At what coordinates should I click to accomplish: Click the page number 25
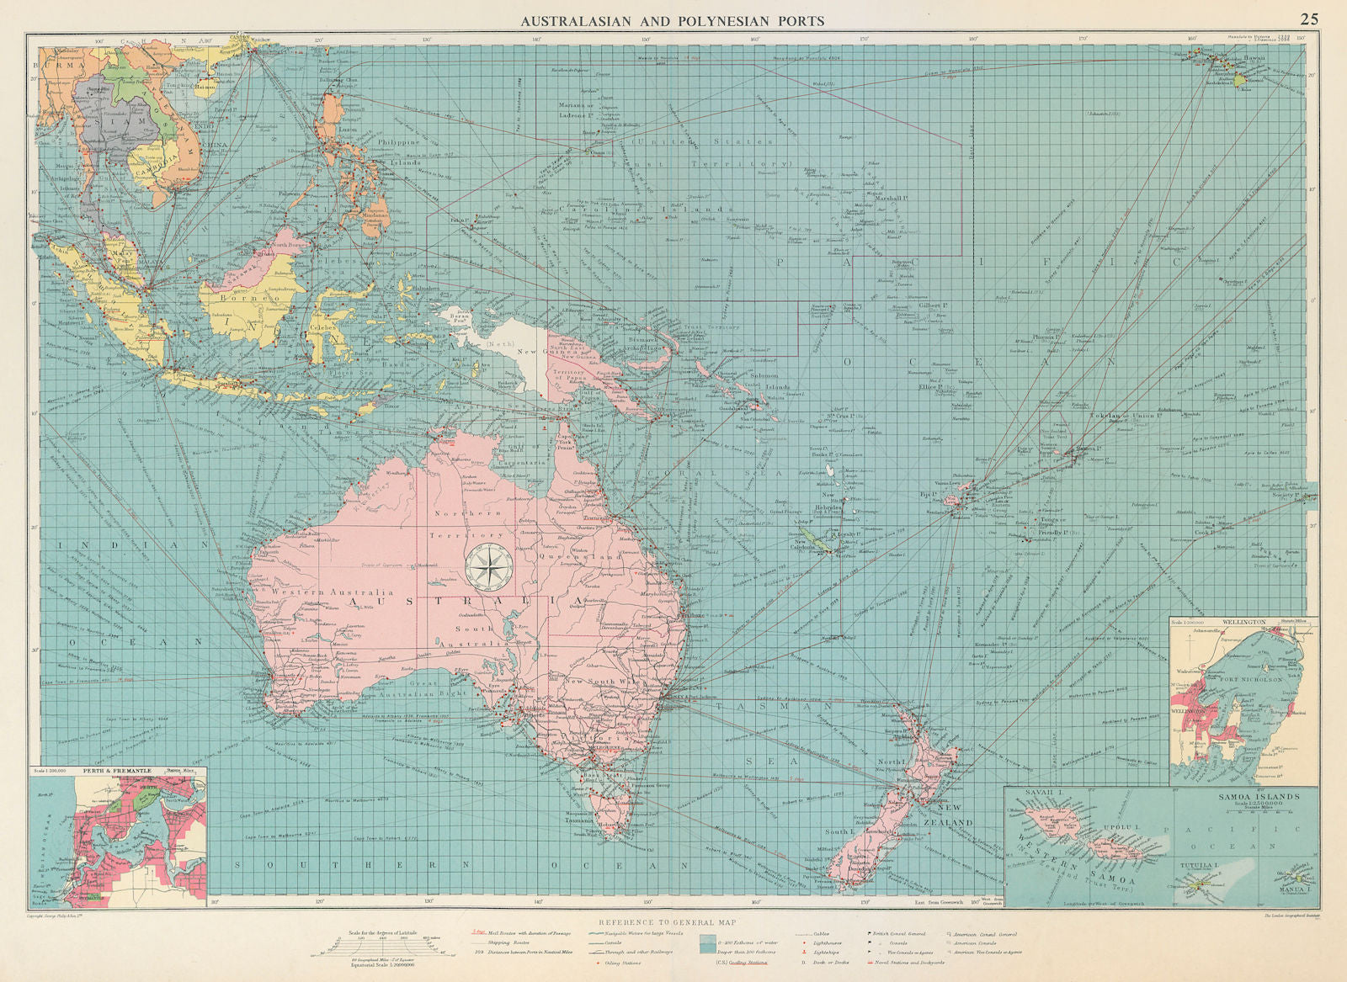click(x=1309, y=19)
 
